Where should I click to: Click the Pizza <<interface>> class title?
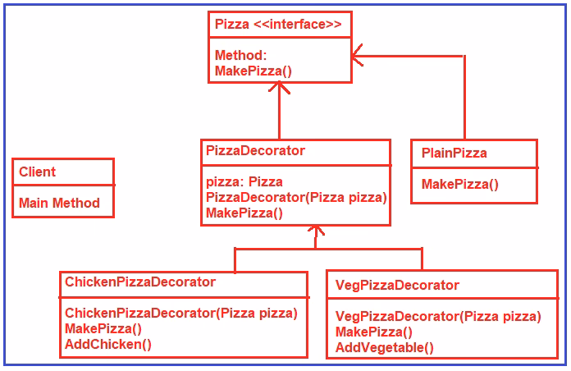[278, 25]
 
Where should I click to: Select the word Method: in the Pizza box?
[240, 56]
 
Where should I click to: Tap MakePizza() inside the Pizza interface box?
[253, 71]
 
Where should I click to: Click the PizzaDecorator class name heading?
[255, 151]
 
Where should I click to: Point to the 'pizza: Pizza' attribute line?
[244, 181]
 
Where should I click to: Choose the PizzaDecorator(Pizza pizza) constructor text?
[296, 197]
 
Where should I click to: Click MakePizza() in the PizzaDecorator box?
[244, 213]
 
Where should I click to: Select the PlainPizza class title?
[454, 153]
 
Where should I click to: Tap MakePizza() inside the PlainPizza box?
[459, 184]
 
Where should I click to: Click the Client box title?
[38, 172]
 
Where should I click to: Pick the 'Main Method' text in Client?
[59, 203]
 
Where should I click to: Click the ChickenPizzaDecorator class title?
[140, 282]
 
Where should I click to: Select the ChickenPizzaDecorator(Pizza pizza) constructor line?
[180, 313]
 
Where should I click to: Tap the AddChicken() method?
[108, 344]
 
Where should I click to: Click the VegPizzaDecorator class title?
[397, 285]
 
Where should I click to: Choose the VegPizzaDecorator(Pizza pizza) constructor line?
[438, 316]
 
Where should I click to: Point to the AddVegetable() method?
[385, 347]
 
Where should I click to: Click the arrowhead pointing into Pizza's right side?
[358, 56]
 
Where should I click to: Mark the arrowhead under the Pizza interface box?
[280, 89]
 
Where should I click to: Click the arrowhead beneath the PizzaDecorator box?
[314, 232]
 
